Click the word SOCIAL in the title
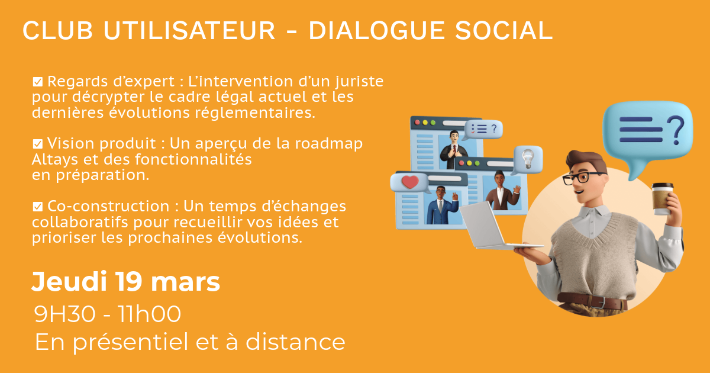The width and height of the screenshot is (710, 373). [504, 30]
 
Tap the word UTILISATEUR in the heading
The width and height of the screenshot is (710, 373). [189, 30]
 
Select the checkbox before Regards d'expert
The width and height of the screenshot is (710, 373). [38, 82]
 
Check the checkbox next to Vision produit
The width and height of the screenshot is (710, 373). [38, 144]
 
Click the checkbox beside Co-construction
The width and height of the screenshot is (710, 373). [38, 207]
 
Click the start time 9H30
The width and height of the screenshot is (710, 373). [64, 314]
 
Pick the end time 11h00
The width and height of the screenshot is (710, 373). [149, 314]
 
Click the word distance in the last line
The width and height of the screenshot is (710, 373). [295, 342]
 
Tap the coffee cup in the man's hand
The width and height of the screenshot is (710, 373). [662, 199]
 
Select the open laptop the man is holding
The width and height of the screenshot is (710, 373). [495, 226]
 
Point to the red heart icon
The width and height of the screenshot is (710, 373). [410, 182]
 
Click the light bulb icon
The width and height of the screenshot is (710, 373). [528, 159]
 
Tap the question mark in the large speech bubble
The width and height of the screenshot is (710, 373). [676, 130]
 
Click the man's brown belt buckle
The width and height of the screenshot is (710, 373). [598, 301]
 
